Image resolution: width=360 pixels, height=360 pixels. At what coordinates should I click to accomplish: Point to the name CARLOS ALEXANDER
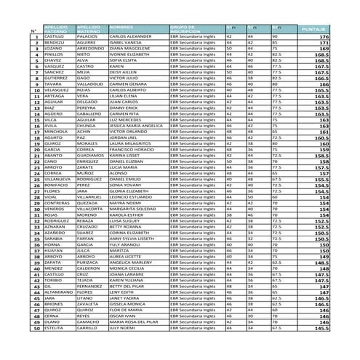click(130, 36)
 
